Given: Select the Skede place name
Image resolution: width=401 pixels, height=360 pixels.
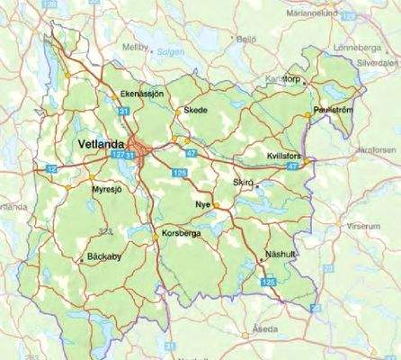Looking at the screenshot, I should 195,110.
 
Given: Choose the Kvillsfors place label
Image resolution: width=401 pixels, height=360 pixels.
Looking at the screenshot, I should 286,156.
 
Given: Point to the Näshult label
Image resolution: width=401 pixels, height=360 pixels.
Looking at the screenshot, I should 281,256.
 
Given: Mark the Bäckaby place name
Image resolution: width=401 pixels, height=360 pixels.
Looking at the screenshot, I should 111,256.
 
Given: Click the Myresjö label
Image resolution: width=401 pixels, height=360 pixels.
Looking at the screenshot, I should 106,189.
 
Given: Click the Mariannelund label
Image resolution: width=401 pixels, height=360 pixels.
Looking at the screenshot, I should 319,13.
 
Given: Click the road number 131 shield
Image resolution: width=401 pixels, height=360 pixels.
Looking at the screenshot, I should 122,110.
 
